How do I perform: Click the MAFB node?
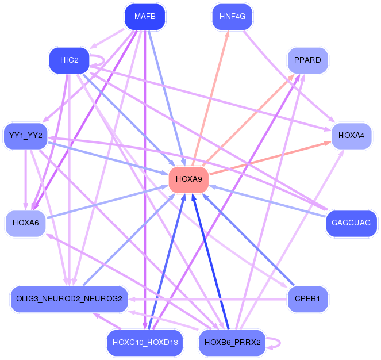tap(145, 17)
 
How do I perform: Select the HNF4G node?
tap(232, 17)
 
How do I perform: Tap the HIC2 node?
tap(70, 60)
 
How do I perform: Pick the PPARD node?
tap(307, 60)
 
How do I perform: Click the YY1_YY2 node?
tap(25, 136)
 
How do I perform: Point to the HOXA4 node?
tap(351, 136)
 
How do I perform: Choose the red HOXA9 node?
tap(189, 180)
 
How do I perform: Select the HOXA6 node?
tap(25, 223)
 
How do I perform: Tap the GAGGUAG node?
tap(351, 223)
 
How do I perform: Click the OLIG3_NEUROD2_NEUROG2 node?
tap(70, 299)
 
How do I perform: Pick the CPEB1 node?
tap(307, 299)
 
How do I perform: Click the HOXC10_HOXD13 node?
tap(145, 343)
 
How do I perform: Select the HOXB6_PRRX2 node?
tap(232, 343)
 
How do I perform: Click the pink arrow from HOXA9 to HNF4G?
tap(211, 98)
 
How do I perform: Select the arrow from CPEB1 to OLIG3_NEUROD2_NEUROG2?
tap(208, 299)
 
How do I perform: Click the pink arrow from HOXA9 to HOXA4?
tap(270, 158)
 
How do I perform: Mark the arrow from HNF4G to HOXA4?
tap(289, 76)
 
